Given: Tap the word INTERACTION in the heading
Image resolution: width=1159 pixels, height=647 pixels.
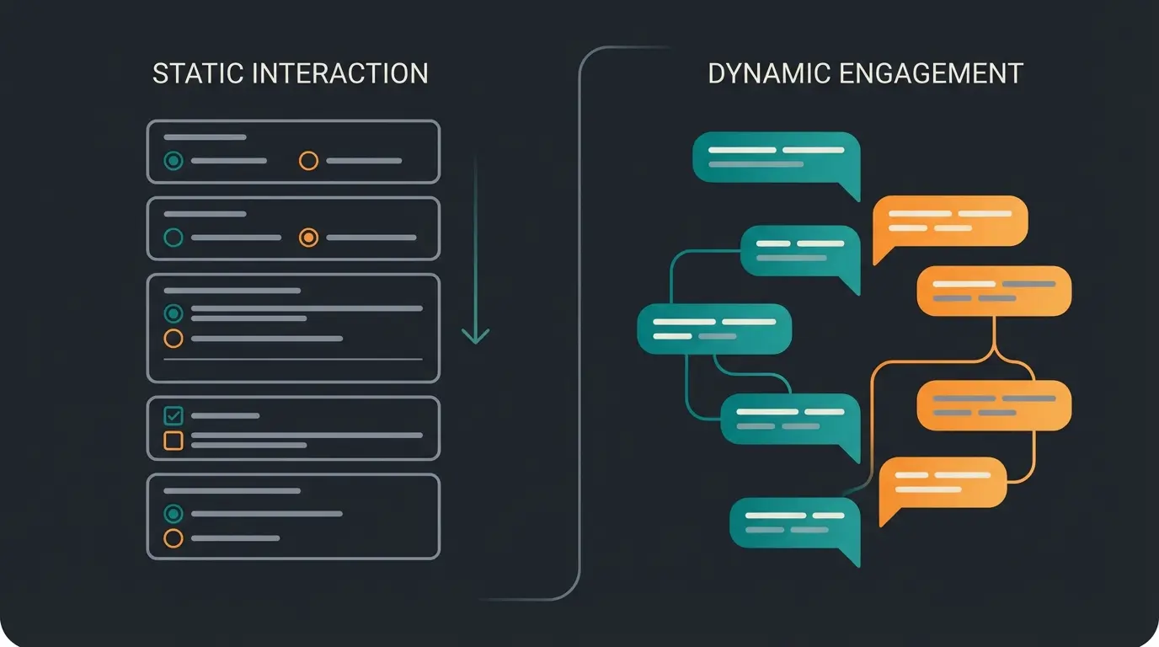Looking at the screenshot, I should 340,73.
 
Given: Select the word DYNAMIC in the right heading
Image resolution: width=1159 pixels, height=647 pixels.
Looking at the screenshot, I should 769,73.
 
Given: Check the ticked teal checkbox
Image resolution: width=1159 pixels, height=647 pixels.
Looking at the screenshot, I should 174,415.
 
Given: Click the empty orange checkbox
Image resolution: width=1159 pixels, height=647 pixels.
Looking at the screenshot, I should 174,440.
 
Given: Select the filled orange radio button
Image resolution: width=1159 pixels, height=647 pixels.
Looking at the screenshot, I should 309,238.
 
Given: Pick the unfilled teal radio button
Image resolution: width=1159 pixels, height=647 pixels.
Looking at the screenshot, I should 174,238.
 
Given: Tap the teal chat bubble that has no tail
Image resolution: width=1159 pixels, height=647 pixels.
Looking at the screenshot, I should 714,329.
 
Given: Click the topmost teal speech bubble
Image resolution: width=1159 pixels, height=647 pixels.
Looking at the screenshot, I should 775,158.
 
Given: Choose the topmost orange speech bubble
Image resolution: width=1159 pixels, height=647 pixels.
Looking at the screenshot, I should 950,221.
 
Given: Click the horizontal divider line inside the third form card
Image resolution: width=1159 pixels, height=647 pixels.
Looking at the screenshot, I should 293,359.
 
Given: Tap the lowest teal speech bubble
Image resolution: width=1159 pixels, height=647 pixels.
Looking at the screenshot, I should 793,521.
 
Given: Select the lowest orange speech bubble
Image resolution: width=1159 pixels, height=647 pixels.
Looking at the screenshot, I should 942,482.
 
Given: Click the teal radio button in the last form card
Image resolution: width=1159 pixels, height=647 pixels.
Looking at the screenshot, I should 174,513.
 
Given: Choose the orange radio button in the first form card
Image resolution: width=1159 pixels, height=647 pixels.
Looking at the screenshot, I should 309,160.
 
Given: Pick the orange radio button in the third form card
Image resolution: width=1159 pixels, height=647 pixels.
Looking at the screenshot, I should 174,339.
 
